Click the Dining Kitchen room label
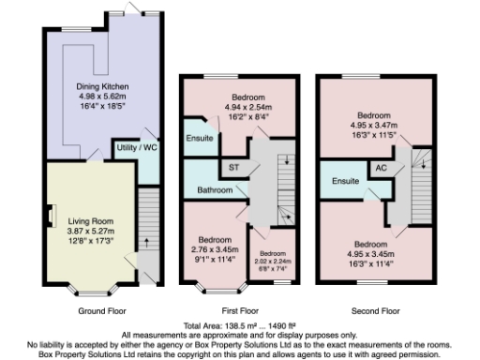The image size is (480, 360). click(102, 86)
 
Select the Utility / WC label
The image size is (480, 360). click(136, 149)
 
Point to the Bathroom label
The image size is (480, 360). click(215, 190)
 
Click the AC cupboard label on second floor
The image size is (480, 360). click(382, 168)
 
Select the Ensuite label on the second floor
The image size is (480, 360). click(348, 180)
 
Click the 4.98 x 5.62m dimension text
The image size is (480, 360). click(102, 96)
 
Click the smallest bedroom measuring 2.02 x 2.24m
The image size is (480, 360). click(272, 259)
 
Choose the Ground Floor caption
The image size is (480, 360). click(103, 310)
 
